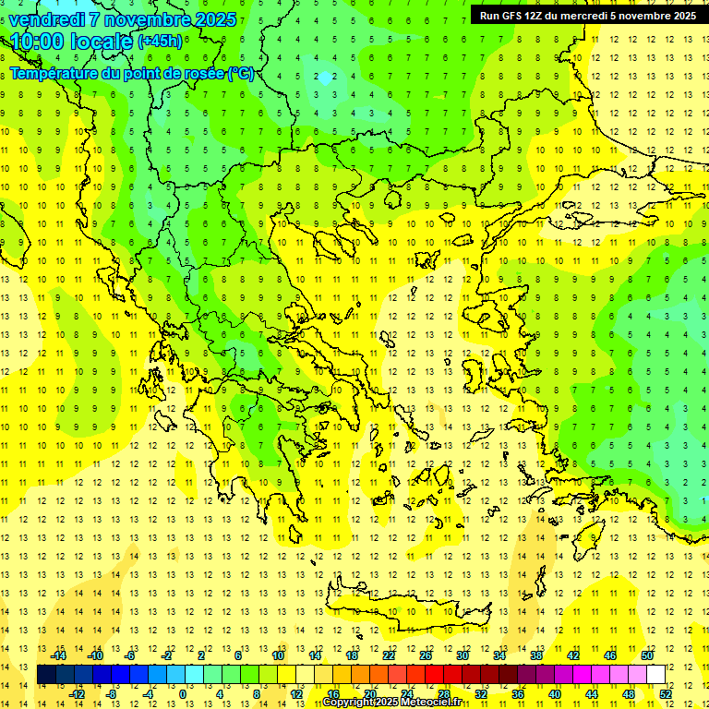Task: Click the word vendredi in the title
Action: tap(47, 18)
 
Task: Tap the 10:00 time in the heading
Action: tap(38, 42)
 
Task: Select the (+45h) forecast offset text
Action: tap(160, 42)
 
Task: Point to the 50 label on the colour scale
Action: tap(646, 655)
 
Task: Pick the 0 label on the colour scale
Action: tap(182, 694)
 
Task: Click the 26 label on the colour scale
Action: tap(426, 655)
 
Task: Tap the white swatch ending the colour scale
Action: tap(655, 675)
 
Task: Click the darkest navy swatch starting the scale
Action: tap(47, 675)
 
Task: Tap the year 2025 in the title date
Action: tap(216, 18)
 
